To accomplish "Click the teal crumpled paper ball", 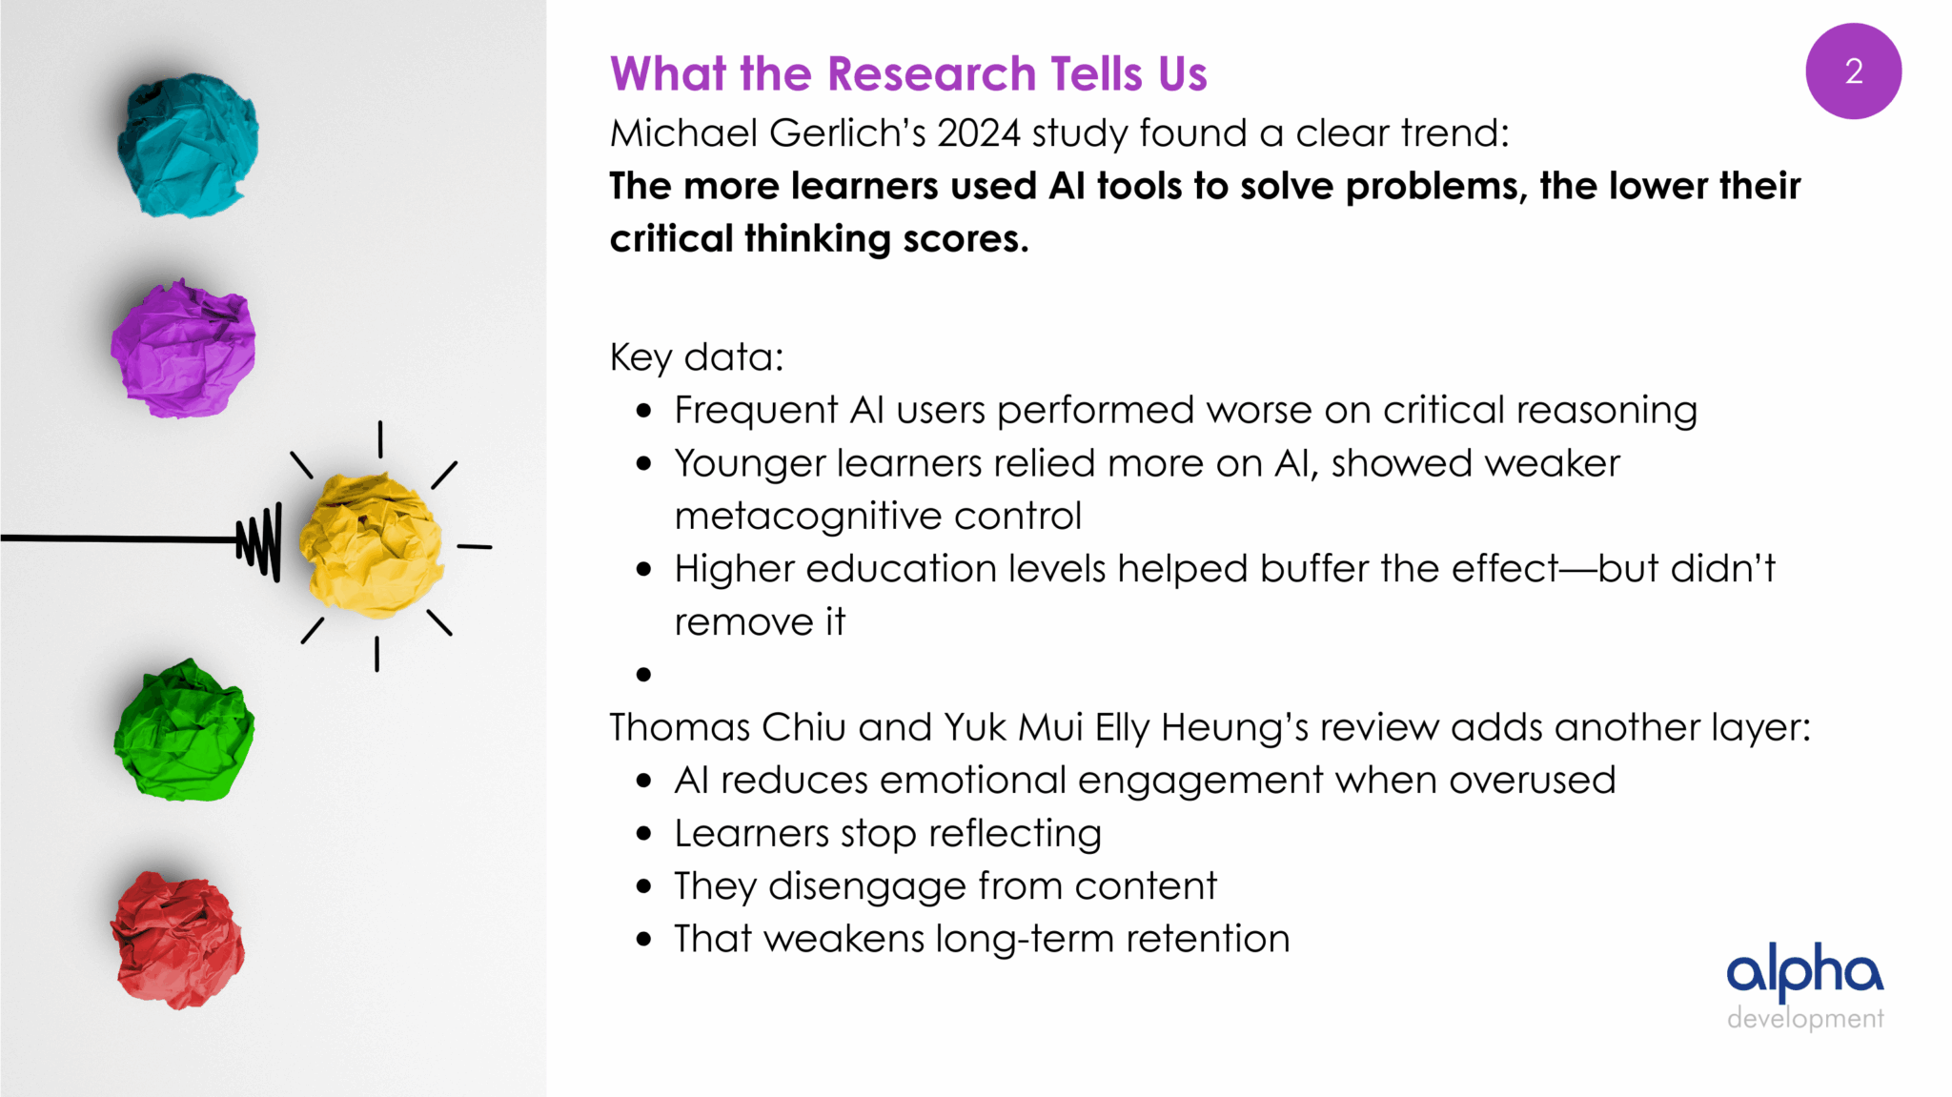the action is [x=187, y=145].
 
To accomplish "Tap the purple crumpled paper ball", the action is [x=183, y=348].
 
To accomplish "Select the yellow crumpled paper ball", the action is [x=371, y=546].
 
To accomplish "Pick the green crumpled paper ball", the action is [x=184, y=730].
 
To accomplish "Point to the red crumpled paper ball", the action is [x=177, y=940].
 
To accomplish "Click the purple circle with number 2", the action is [x=1853, y=71].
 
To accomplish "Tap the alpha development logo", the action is [x=1805, y=986].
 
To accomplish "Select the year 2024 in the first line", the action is [x=979, y=133].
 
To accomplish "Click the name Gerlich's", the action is [x=847, y=133].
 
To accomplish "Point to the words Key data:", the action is [x=697, y=358].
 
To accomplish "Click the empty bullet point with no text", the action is [x=644, y=675].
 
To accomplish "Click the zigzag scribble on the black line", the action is [x=259, y=541].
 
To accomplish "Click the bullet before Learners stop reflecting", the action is [x=644, y=834].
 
